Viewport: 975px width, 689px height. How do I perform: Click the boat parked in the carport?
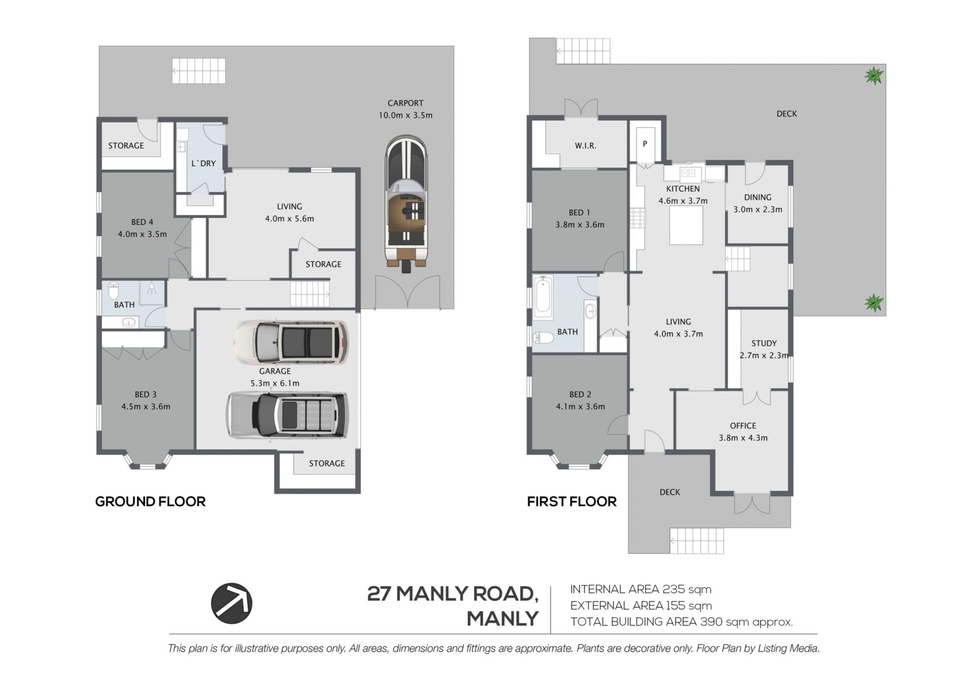coord(406,203)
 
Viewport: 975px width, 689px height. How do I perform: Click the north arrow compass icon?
coord(232,603)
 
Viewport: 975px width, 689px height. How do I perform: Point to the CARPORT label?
coord(405,103)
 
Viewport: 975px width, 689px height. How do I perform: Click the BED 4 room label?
coord(142,222)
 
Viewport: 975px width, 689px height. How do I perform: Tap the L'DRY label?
coord(203,163)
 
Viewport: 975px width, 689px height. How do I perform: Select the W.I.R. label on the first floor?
coord(586,146)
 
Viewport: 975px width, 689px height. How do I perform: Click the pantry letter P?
coord(645,144)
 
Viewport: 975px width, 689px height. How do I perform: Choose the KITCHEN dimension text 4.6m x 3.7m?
coord(683,201)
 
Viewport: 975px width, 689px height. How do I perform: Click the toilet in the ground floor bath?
coord(113,291)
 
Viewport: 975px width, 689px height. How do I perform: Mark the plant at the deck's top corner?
coord(874,76)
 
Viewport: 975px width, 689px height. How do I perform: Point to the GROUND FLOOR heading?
coord(150,502)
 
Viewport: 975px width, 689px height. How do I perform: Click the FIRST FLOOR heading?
coord(572,502)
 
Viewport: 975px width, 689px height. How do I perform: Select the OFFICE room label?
coord(743,426)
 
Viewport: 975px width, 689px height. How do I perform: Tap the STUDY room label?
coord(764,343)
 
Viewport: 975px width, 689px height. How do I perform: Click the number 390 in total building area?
coord(711,622)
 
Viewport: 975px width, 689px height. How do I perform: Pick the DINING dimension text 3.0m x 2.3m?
coord(758,210)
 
